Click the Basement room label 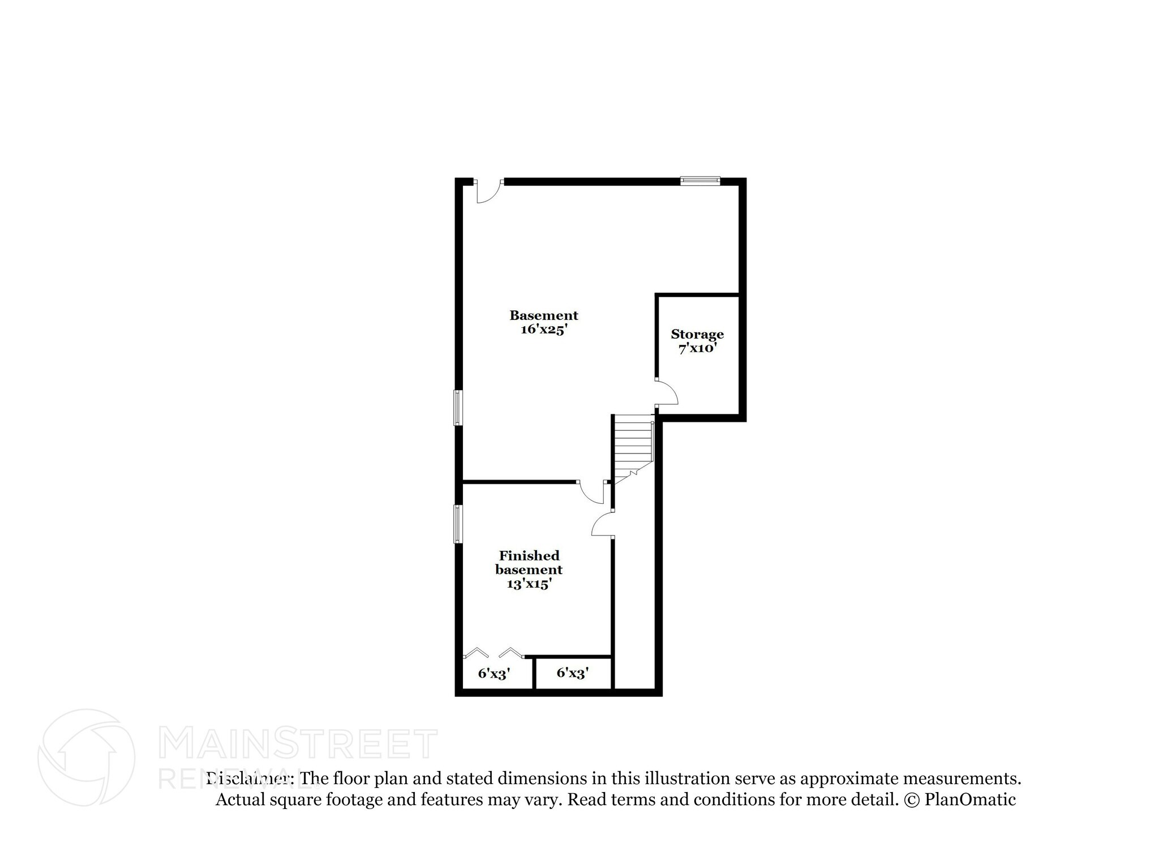(x=543, y=315)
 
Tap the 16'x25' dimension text (x=543, y=330)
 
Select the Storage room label (x=697, y=334)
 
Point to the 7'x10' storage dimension (x=697, y=348)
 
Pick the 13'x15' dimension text (x=529, y=584)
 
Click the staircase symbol (x=634, y=447)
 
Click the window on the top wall (x=700, y=181)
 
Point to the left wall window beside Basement (x=458, y=407)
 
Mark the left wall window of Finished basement (x=458, y=524)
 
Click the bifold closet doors (x=492, y=653)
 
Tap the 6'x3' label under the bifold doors (x=494, y=673)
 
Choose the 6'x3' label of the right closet (x=573, y=673)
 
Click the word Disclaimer (x=250, y=778)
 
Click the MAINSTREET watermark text (x=298, y=744)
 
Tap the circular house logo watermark (x=86, y=757)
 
